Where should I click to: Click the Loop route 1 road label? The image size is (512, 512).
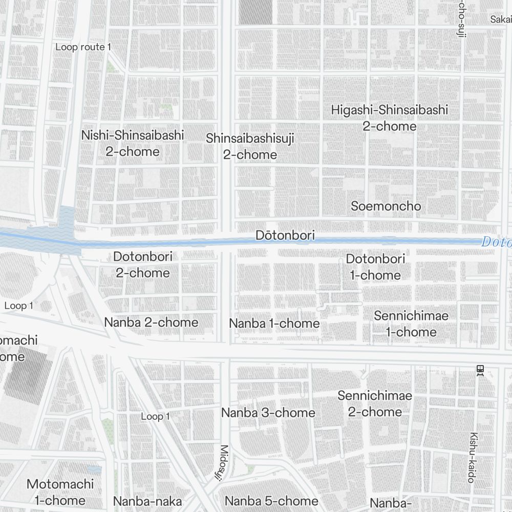[83, 47]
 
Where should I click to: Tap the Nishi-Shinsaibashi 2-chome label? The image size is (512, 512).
[133, 143]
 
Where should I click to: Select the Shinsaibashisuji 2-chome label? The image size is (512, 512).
[250, 146]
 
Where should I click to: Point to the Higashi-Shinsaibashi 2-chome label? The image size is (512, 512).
[389, 118]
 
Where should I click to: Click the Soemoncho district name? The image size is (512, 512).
[386, 206]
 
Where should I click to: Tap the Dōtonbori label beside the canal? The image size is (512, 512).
[285, 236]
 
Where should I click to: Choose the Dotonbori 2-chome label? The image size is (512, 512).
[143, 265]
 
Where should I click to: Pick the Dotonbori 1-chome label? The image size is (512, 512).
[375, 267]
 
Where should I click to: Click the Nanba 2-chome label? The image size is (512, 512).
[151, 323]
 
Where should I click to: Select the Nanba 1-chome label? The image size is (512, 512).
[274, 324]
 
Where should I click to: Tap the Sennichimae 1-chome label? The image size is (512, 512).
[411, 324]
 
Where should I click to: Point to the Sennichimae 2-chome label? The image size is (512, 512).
[375, 403]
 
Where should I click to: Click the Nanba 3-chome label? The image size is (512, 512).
[268, 413]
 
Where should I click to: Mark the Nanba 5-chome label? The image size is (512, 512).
[271, 501]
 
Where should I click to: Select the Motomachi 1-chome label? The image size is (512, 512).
[60, 492]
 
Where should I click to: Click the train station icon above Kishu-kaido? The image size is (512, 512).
[480, 370]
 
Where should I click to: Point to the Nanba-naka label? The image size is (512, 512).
[147, 501]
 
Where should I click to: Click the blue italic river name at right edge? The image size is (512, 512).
[496, 242]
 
